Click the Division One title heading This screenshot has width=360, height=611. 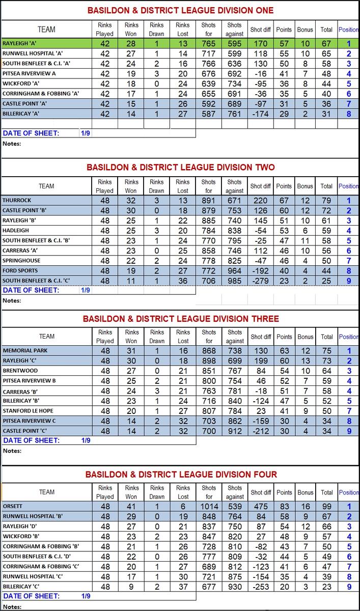click(x=180, y=10)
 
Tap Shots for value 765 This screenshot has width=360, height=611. click(x=209, y=44)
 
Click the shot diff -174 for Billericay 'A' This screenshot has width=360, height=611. click(x=261, y=114)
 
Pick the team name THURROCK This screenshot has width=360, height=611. click(x=16, y=201)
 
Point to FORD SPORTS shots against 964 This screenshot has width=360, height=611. click(x=235, y=271)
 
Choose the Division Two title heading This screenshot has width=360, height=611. click(x=180, y=167)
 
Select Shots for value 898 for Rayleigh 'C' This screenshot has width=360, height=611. click(x=209, y=361)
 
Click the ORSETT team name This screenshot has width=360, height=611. click(x=12, y=507)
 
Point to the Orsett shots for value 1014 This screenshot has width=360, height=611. click(x=209, y=507)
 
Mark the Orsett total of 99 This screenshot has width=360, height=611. click(x=326, y=507)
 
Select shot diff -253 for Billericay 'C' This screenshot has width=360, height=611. click(x=261, y=586)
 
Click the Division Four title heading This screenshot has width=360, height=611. click(x=181, y=475)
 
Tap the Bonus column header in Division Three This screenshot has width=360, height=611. click(x=306, y=337)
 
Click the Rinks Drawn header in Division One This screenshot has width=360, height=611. click(x=157, y=29)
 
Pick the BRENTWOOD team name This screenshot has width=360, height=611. click(x=20, y=371)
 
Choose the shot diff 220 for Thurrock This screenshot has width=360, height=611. click(x=261, y=201)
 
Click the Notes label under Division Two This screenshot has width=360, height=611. click(x=12, y=300)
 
